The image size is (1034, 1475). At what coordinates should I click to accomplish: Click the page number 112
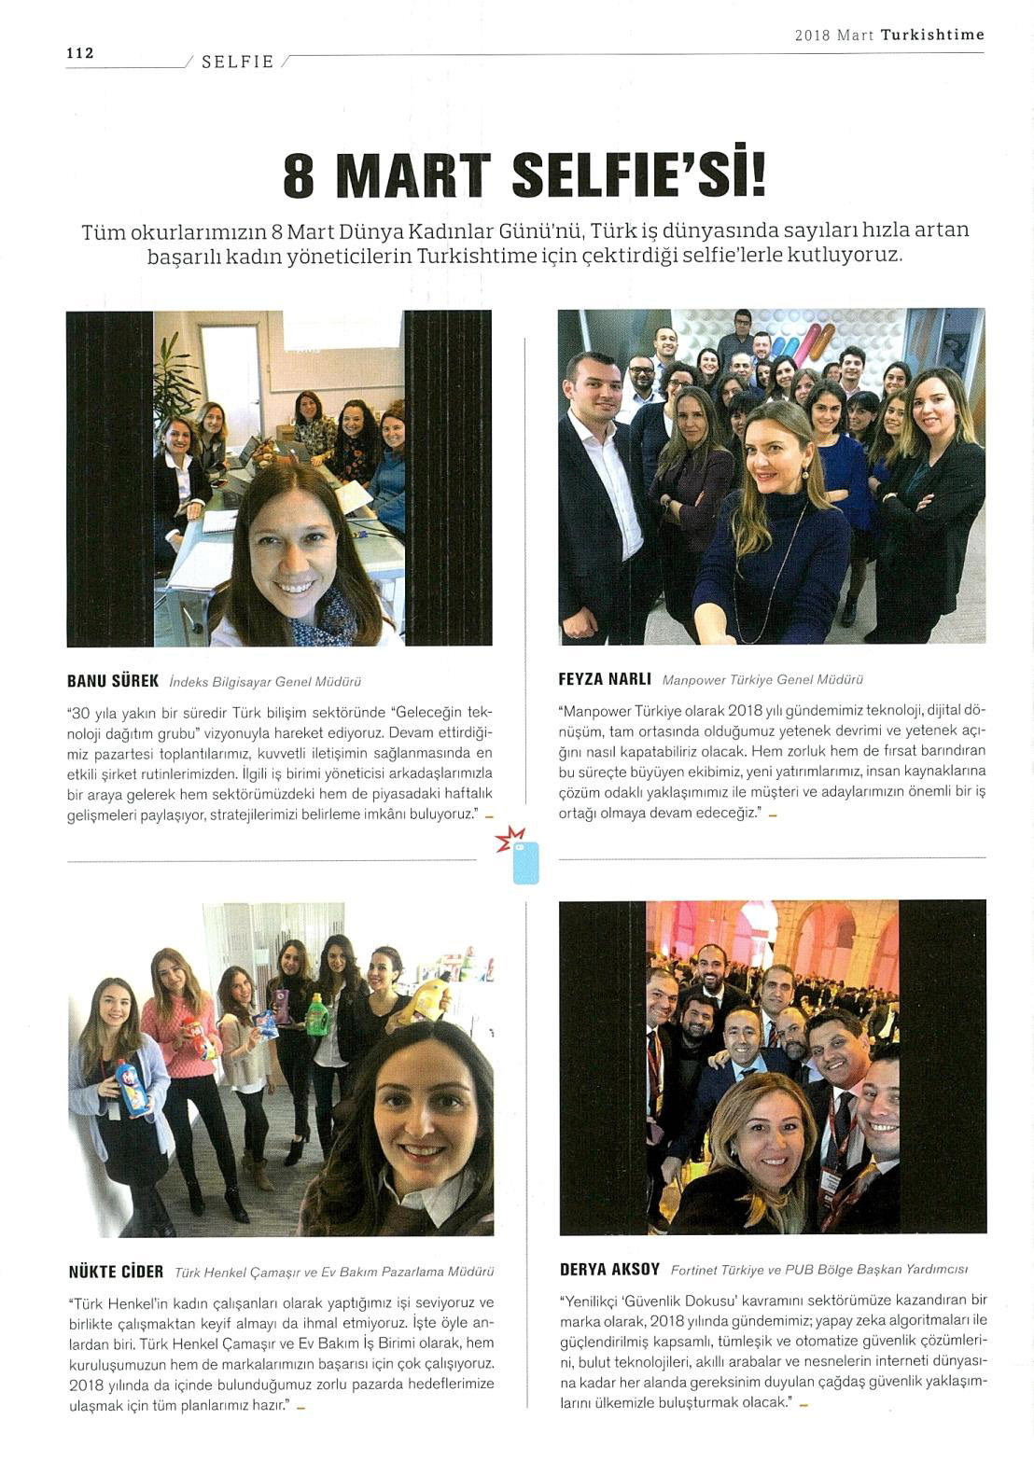click(x=80, y=53)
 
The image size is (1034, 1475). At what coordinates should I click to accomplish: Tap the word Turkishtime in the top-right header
click(x=932, y=35)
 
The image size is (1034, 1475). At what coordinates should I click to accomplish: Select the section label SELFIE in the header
click(x=237, y=62)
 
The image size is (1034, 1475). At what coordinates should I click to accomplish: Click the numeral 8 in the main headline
click(x=299, y=176)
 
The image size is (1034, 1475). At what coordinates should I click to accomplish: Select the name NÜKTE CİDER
click(x=117, y=1272)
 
